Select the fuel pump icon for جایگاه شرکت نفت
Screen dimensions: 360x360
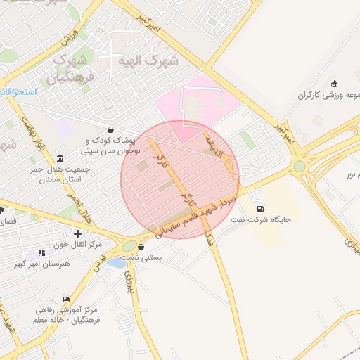[261, 208]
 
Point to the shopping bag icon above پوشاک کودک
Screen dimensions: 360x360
[111, 129]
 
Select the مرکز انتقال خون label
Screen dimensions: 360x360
[77, 244]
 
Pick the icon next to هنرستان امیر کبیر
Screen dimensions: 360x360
[41, 252]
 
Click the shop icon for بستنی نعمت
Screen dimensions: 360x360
[141, 247]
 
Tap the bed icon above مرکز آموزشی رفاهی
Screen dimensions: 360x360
[67, 299]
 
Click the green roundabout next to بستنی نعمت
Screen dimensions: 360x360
[129, 246]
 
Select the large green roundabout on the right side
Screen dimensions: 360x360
[300, 166]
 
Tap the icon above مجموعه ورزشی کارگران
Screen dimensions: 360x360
[333, 84]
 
